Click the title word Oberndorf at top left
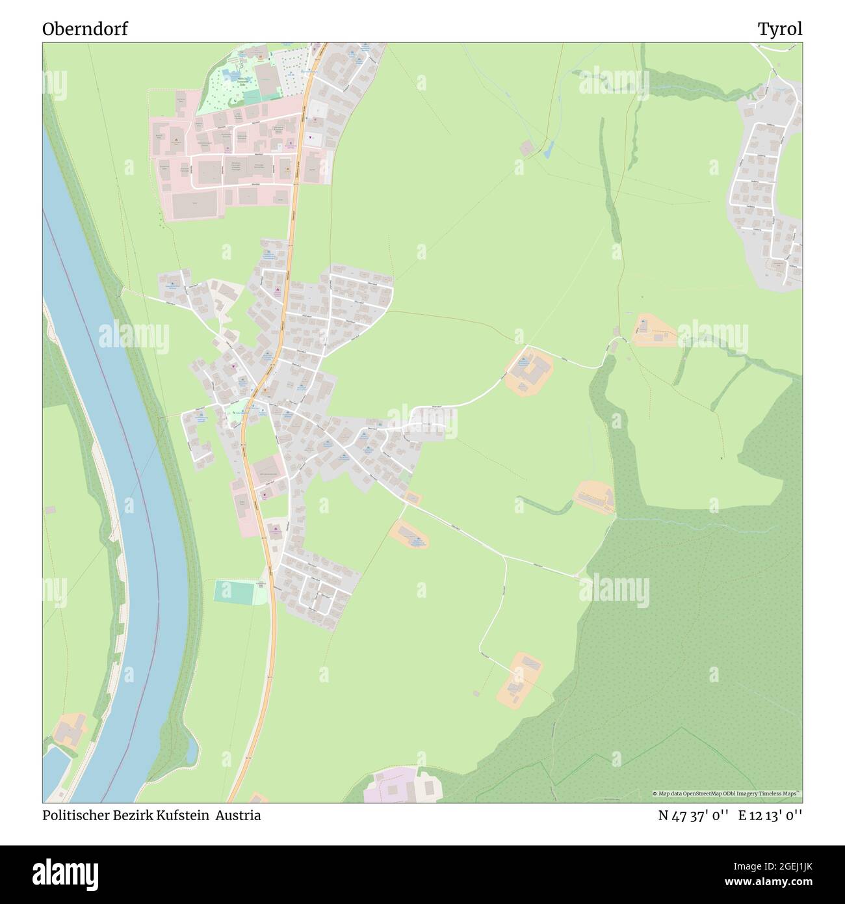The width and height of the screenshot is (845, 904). coord(85,29)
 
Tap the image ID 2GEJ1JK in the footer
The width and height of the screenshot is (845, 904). coord(778,869)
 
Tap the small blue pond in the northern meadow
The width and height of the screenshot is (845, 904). coord(547,150)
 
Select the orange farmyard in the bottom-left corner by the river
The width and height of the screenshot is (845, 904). coord(69,730)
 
